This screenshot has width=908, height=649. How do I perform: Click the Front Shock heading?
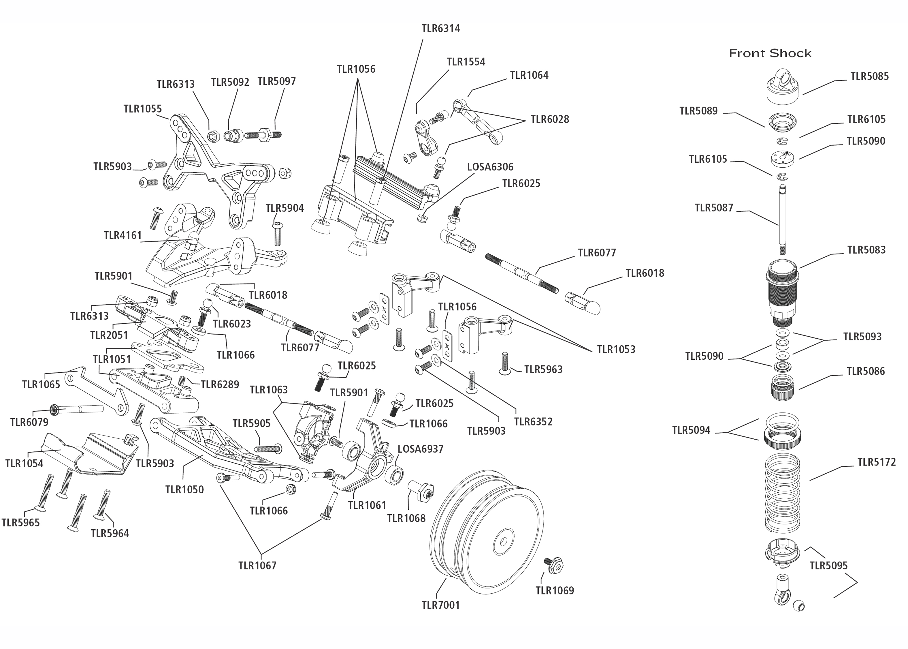click(770, 53)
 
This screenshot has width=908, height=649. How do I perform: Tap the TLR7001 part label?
click(440, 605)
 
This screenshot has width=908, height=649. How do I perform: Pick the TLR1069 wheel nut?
click(554, 565)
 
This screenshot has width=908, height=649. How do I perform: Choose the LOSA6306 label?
click(490, 167)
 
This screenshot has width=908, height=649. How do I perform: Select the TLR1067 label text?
click(257, 565)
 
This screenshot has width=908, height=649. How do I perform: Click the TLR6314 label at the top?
click(440, 28)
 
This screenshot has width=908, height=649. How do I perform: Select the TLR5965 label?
click(20, 523)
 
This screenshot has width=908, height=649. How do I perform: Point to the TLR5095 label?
click(828, 565)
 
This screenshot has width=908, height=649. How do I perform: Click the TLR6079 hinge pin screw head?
click(54, 409)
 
